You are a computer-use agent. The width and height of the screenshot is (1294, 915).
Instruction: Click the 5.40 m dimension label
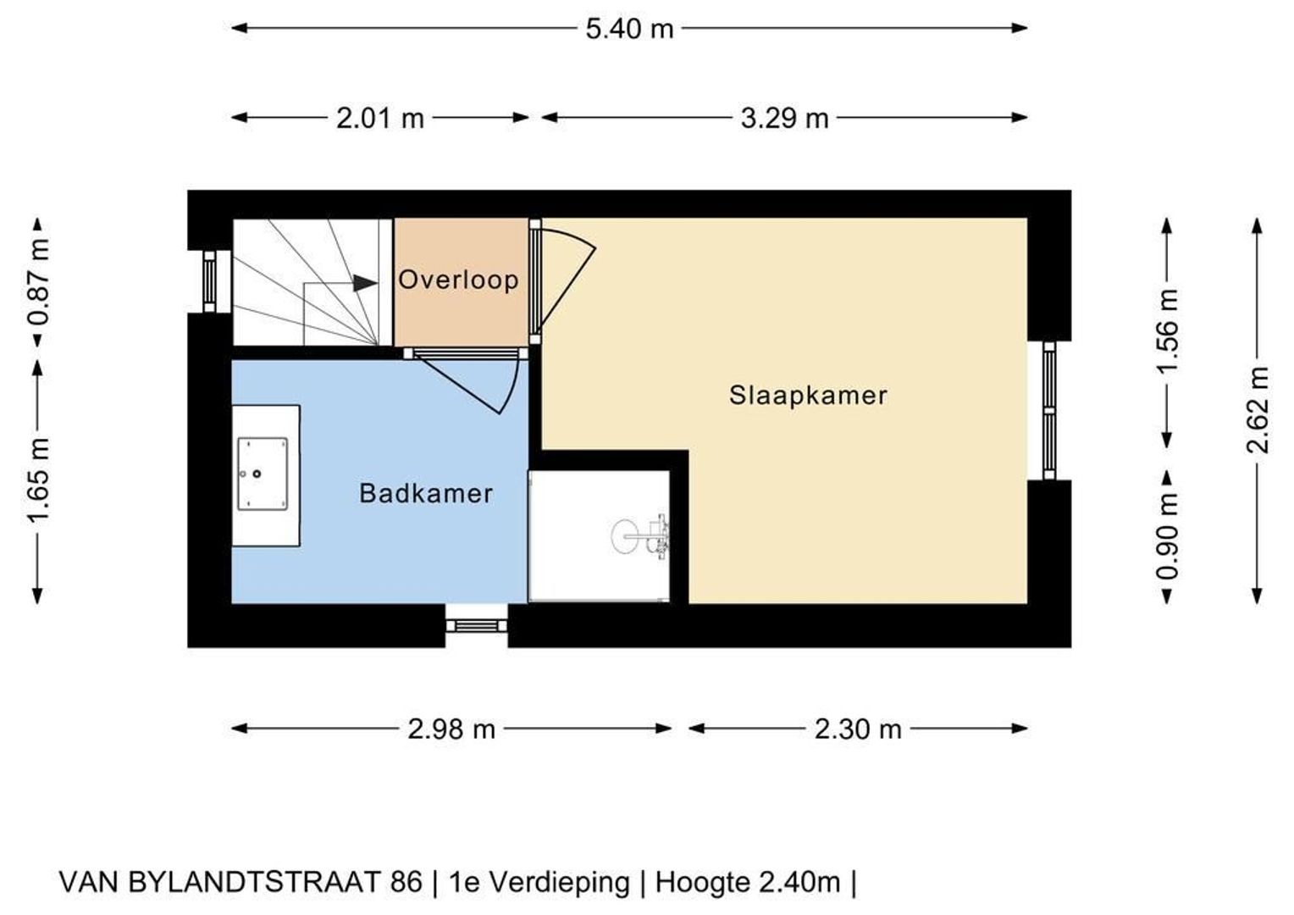(x=629, y=29)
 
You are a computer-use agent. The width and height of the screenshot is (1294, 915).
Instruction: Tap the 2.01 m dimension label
(x=379, y=119)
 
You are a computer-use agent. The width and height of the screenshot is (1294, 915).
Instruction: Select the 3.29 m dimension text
(x=784, y=119)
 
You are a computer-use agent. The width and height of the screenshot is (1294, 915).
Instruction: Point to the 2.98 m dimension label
(x=451, y=729)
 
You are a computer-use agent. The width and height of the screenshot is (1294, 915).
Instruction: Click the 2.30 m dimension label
(x=858, y=729)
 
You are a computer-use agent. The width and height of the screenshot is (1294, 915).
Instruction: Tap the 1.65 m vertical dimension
(x=38, y=481)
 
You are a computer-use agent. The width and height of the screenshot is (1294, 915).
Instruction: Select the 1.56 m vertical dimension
(x=1168, y=331)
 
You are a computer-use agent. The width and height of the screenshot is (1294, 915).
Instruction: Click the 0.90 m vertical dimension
(x=1168, y=537)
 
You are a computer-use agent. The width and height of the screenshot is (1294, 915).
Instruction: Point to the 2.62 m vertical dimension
(x=1258, y=410)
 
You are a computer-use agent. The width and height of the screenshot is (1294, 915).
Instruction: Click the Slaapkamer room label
(x=808, y=396)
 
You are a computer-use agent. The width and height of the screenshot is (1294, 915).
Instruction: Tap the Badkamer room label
(x=426, y=494)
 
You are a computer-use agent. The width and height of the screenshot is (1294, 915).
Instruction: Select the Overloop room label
(x=458, y=280)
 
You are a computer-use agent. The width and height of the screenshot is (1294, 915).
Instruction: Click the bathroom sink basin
(x=263, y=474)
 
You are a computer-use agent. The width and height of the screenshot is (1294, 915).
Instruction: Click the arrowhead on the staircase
(x=365, y=284)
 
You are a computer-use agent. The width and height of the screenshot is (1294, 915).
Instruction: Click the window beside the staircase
(x=209, y=281)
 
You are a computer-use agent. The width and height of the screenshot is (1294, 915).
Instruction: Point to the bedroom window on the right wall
(x=1049, y=410)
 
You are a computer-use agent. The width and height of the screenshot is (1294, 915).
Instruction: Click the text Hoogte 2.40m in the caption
(x=748, y=883)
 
